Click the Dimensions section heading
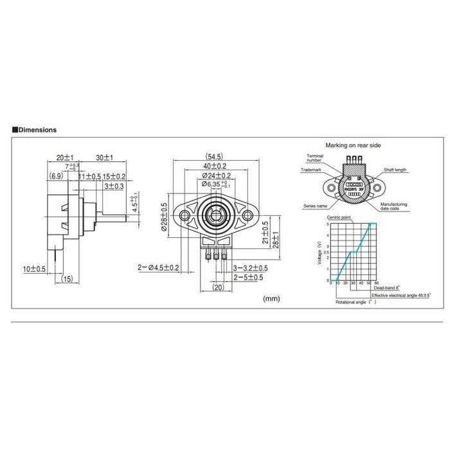tap(37, 129)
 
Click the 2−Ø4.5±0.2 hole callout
tap(157, 267)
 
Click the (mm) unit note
tap(273, 298)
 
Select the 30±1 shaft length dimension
tap(105, 157)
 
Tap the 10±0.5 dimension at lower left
tap(34, 268)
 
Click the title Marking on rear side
tap(354, 145)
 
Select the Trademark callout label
tap(312, 170)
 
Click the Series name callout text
tap(314, 206)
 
